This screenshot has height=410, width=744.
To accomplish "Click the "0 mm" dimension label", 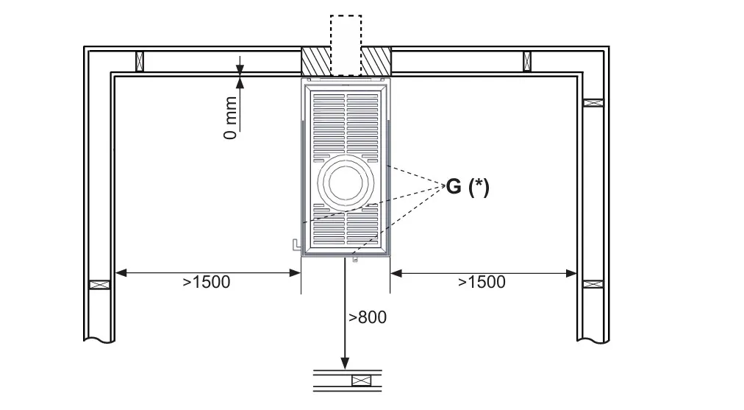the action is pyautogui.click(x=230, y=118).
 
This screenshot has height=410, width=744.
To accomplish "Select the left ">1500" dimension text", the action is pyautogui.click(x=207, y=282).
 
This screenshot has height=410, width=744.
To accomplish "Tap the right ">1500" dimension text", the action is pyautogui.click(x=482, y=282).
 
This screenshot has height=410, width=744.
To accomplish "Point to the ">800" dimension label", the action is pyautogui.click(x=368, y=317).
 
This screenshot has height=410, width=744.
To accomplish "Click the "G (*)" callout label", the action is pyautogui.click(x=468, y=187).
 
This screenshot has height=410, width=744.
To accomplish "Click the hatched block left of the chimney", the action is pyautogui.click(x=316, y=61).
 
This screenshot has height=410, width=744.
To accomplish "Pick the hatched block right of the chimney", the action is pyautogui.click(x=376, y=61).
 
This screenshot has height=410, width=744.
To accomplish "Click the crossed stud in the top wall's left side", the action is pyautogui.click(x=140, y=61).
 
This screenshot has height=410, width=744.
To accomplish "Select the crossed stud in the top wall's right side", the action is pyautogui.click(x=527, y=61).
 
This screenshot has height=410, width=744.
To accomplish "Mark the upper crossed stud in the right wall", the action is pyautogui.click(x=593, y=102).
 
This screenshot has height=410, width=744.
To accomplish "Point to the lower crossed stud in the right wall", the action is pyautogui.click(x=593, y=284).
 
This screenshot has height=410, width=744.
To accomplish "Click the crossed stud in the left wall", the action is pyautogui.click(x=100, y=285).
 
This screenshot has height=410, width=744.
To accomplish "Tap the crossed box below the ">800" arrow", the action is pyautogui.click(x=362, y=381).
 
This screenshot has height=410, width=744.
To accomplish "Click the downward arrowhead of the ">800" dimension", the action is pyautogui.click(x=345, y=363).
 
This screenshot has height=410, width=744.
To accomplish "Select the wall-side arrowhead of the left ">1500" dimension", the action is pyautogui.click(x=121, y=272).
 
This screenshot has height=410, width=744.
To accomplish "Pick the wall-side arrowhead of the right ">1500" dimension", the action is pyautogui.click(x=570, y=273).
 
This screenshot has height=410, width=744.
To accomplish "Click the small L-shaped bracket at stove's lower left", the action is pyautogui.click(x=296, y=244).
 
